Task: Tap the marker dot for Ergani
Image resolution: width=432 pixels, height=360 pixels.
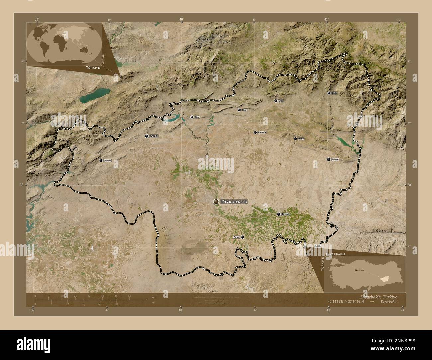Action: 147,136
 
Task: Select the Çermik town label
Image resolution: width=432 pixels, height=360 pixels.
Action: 107,161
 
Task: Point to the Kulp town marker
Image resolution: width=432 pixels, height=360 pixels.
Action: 329,93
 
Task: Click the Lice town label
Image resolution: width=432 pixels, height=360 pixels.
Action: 281,101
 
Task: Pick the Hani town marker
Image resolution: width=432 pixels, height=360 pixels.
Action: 239,110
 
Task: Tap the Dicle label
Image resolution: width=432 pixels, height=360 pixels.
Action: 197,117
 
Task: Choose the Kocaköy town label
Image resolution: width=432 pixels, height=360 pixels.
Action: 262,132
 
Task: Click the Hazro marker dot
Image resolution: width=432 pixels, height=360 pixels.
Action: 295,139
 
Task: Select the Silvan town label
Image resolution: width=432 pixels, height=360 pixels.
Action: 335,160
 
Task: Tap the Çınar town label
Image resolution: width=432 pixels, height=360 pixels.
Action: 236,237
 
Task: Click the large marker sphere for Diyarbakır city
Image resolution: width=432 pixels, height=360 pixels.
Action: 216,202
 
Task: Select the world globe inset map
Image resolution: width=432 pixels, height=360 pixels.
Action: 63,43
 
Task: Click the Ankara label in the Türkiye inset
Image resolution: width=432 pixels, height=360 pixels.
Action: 360,271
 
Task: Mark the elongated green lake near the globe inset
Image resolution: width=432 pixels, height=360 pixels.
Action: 95,96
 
